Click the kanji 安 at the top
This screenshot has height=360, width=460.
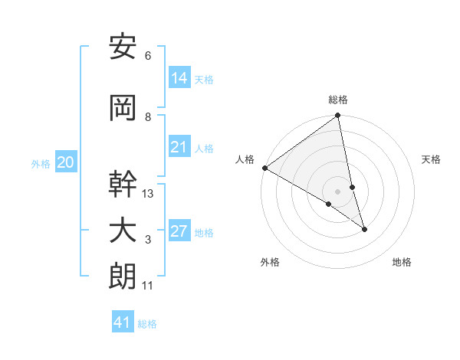coord(123,47)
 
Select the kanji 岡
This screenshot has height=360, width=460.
coord(123,109)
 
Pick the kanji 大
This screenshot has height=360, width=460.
coord(123,231)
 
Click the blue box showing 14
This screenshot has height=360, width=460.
coord(179,78)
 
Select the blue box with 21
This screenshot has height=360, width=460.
coord(179,147)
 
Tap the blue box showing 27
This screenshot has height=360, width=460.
coord(179,231)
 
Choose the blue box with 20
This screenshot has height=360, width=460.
coord(66,162)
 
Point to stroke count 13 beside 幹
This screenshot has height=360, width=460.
coord(148,194)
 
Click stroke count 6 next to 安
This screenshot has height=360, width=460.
coord(148,56)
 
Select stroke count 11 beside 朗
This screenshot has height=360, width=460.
coord(148,286)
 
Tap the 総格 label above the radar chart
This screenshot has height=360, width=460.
coord(338,100)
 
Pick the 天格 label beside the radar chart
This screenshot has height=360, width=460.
coord(432,159)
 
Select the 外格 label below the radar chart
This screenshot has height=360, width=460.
coord(270,262)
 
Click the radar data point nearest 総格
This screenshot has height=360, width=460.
coord(338,116)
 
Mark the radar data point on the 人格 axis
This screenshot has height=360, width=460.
coord(264,168)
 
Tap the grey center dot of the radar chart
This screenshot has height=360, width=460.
coord(338,191)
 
